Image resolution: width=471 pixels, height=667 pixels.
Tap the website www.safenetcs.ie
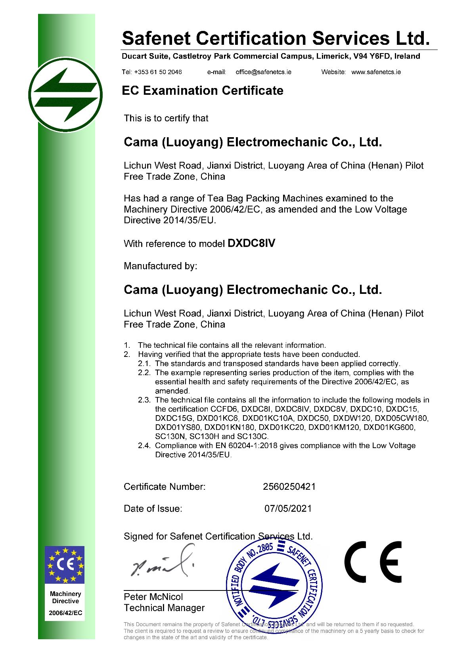pyautogui.click(x=376, y=72)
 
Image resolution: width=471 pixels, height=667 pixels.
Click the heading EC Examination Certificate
pyautogui.click(x=203, y=91)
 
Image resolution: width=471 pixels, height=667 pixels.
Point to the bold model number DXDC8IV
pyautogui.click(x=251, y=243)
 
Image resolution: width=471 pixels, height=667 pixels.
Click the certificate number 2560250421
pyautogui.click(x=289, y=487)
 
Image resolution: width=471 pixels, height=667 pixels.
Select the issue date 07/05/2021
pyautogui.click(x=288, y=508)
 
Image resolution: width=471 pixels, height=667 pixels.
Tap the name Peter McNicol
pyautogui.click(x=153, y=597)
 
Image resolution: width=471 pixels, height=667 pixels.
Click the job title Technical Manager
pyautogui.click(x=164, y=608)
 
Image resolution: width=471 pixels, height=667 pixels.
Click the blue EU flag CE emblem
pyautogui.click(x=65, y=565)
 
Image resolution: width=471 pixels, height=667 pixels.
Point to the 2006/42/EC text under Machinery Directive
pyautogui.click(x=65, y=613)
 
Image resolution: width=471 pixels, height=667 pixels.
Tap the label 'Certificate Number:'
pyautogui.click(x=165, y=487)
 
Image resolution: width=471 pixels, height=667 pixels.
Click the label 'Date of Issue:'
pyautogui.click(x=153, y=508)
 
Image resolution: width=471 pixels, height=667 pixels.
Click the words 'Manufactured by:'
pyautogui.click(x=160, y=266)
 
